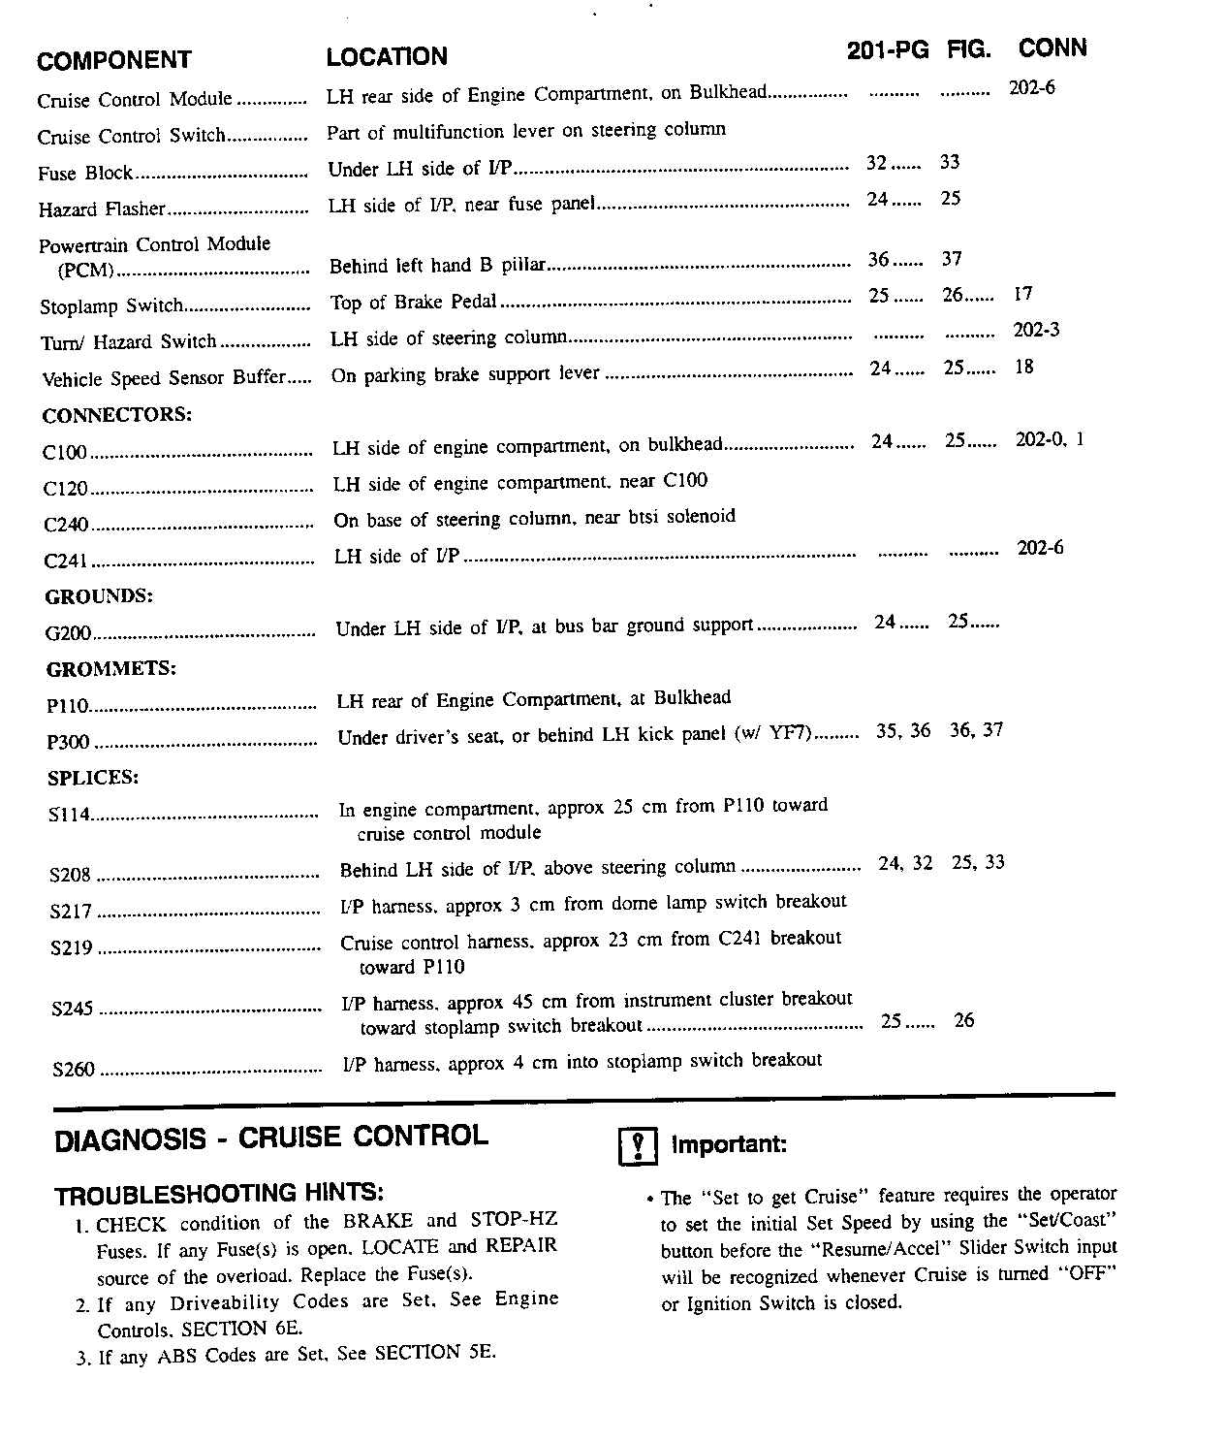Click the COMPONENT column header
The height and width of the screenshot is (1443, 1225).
[x=113, y=60]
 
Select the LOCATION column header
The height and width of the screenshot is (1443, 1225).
[x=387, y=56]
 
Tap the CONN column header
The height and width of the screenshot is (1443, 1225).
[x=1052, y=48]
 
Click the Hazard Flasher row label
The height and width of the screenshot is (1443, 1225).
[x=102, y=209]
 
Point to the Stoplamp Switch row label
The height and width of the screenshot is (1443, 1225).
[x=110, y=306]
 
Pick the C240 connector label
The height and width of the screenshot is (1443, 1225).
[x=66, y=525]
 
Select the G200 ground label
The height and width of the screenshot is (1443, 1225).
[x=68, y=633]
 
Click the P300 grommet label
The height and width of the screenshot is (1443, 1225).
[x=68, y=742]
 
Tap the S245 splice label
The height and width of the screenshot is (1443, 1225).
[x=73, y=1009]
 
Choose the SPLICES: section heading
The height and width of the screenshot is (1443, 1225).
[x=93, y=777]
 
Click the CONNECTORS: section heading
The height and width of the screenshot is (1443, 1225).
[x=116, y=414]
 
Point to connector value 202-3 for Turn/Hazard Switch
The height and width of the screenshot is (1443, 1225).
[x=1036, y=330]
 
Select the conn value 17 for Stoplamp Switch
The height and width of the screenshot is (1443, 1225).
[x=1023, y=293]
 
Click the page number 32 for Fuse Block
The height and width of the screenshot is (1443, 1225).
[x=876, y=163]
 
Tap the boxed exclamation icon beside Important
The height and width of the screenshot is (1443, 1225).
[x=638, y=1147]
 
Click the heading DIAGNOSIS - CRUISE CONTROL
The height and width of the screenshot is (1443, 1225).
[x=271, y=1138]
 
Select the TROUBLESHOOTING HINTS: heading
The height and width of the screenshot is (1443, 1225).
[x=219, y=1193]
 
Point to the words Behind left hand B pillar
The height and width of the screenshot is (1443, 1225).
[x=438, y=265]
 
